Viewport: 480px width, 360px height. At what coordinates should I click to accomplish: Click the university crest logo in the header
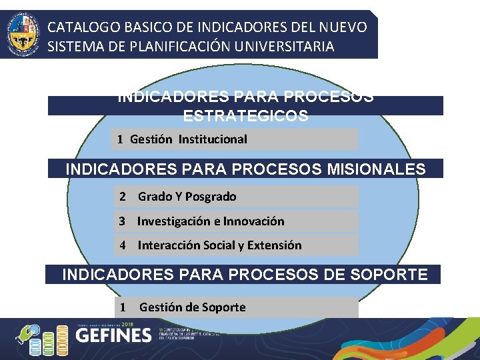(21, 34)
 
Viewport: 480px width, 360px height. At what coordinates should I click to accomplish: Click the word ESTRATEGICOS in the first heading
(245, 116)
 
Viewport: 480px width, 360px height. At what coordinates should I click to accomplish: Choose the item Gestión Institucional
(188, 139)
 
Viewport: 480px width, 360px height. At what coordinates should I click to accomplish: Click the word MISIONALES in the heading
(376, 169)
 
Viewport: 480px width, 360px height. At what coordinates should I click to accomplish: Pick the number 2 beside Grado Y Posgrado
(123, 197)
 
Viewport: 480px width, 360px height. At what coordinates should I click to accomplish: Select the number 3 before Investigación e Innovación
(123, 221)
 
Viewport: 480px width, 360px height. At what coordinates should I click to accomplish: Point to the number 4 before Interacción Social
(123, 245)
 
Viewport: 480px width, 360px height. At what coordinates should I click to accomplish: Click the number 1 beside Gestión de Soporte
(123, 307)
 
